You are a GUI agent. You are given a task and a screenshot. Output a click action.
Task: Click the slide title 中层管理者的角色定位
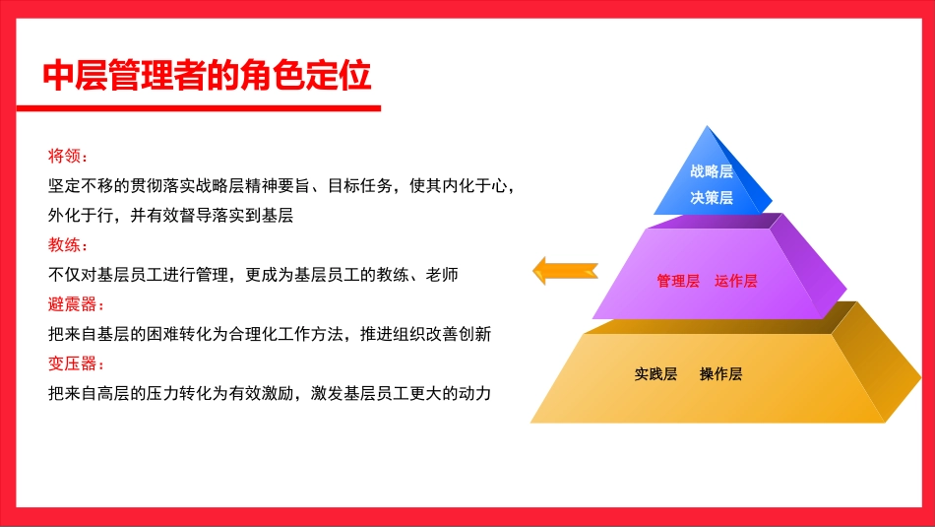(208, 75)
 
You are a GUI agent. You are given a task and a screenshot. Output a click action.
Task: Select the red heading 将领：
(69, 156)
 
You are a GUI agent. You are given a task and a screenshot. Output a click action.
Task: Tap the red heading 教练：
(69, 244)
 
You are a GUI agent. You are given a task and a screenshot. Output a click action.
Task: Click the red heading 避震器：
(76, 303)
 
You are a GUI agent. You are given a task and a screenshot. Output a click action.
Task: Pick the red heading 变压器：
(76, 363)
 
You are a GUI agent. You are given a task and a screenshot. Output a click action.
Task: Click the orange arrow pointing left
(565, 270)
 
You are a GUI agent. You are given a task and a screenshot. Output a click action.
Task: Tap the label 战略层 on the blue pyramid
(712, 171)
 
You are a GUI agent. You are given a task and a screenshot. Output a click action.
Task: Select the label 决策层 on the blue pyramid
(712, 197)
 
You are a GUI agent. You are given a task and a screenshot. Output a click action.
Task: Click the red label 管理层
(678, 281)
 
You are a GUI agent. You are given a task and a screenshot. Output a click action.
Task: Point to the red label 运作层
(736, 281)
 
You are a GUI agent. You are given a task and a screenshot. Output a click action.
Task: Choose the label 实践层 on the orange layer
(655, 374)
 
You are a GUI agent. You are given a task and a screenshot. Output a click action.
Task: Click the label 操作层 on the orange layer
(720, 374)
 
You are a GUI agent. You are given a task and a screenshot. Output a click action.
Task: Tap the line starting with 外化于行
(171, 215)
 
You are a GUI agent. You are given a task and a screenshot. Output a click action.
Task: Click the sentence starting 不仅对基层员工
(253, 275)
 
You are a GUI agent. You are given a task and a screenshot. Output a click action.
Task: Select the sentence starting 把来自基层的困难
(269, 334)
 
